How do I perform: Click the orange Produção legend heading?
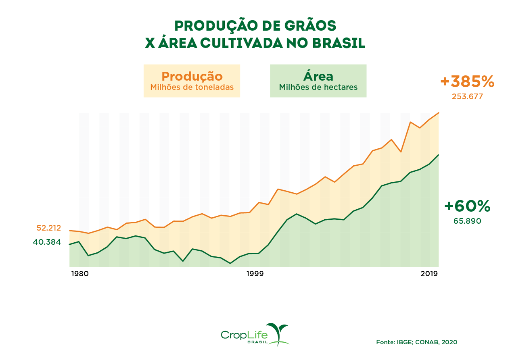coord(192,76)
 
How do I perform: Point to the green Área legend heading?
coord(318,76)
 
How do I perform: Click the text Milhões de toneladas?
coord(192,87)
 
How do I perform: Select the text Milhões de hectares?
coord(318,87)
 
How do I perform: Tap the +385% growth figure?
coord(467,82)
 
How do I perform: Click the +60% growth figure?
coord(467,206)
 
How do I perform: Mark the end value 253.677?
coord(467,97)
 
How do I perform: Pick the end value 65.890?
coord(467,221)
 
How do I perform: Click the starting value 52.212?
coord(49,228)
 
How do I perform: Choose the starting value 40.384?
coord(47,242)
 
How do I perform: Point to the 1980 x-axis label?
coord(79,274)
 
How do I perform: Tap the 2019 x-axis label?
coord(429,274)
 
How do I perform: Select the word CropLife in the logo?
coord(244,334)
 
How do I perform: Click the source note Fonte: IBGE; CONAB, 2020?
coord(416,342)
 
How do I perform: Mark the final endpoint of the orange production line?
coord(439,113)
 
